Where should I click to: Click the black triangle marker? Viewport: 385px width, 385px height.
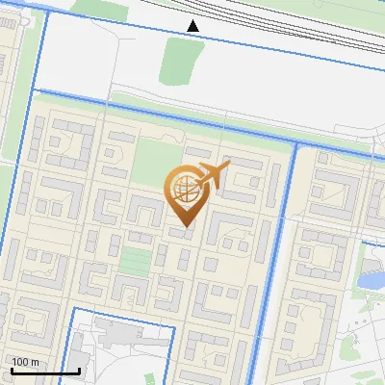193,25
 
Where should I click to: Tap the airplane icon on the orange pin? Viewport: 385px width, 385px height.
213,176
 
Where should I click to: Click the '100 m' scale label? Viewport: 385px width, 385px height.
25,362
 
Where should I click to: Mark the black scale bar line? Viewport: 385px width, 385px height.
44,371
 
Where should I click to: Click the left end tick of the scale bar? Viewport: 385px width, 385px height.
11,369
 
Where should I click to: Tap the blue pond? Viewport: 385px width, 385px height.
370,281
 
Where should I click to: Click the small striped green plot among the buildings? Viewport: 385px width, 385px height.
136,261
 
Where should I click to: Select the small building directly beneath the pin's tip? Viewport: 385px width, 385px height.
180,234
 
